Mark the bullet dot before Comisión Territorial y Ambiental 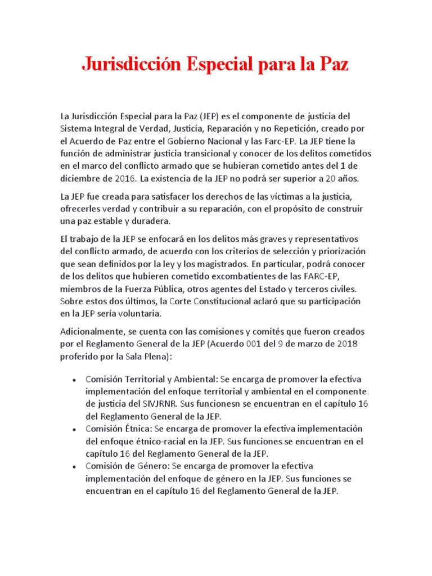[x=74, y=380]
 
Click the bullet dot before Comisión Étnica [x=74, y=429]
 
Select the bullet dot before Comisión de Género [x=74, y=467]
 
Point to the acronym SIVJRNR [x=166, y=404]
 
